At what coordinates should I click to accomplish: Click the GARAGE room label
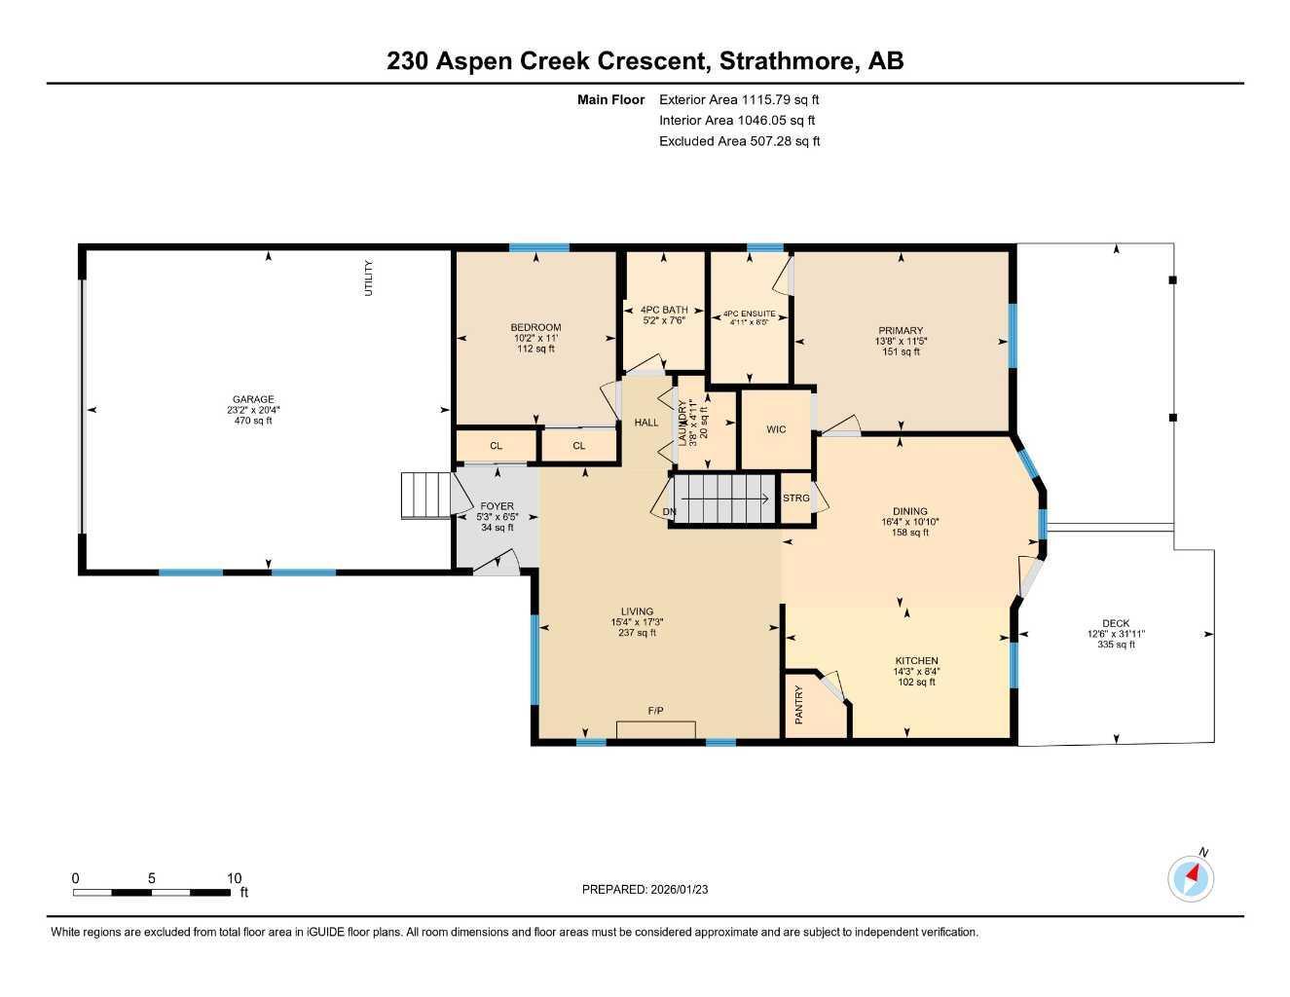pos(253,399)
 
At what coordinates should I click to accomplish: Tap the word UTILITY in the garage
pos(368,277)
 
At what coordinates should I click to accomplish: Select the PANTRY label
pos(798,705)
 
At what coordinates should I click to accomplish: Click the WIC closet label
pos(776,429)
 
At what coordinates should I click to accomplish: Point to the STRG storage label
pos(796,498)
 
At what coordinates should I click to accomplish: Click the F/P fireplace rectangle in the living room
pos(656,729)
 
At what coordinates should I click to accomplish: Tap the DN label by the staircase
pos(669,511)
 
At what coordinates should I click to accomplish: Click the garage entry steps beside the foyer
pos(425,496)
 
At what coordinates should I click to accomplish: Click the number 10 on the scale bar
pos(234,877)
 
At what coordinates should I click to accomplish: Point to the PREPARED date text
pos(645,890)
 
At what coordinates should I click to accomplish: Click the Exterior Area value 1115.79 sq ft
pos(780,99)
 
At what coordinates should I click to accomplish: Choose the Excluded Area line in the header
pos(739,141)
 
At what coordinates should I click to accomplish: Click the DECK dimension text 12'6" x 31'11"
pos(1116,634)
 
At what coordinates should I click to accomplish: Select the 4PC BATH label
pos(664,310)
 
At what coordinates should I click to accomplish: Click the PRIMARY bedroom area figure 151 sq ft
pos(901,351)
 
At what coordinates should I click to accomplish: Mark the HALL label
pos(645,423)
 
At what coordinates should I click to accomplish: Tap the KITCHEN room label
pos(916,660)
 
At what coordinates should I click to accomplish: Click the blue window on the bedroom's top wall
pos(539,247)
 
